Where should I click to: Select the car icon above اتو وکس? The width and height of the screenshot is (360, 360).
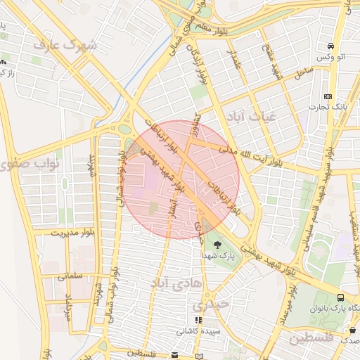click(330, 46)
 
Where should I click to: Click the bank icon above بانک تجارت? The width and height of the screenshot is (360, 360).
click(328, 96)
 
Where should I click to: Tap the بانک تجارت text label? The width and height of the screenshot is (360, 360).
click(328, 107)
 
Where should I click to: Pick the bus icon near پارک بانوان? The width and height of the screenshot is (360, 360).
click(341, 298)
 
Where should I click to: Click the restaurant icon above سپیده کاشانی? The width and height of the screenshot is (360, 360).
click(198, 320)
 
